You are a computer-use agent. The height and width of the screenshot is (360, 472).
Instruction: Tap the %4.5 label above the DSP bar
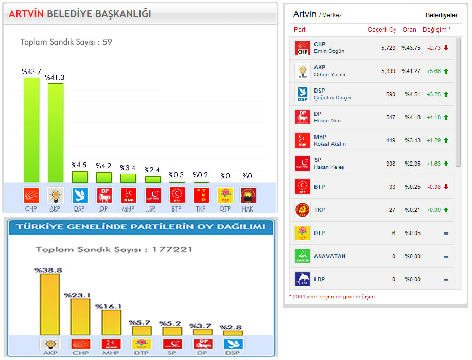79,165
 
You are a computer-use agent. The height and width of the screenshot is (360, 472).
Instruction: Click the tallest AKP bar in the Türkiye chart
49,304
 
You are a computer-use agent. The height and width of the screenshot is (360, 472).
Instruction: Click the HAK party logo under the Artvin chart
248,195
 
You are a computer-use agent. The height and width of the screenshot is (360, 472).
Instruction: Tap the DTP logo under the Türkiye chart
141,344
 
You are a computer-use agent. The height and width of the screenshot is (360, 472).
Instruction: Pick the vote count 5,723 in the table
388,48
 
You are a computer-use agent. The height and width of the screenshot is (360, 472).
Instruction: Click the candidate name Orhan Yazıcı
329,75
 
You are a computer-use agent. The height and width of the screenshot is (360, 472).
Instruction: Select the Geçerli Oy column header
382,30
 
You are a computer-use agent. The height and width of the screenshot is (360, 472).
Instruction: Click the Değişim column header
436,30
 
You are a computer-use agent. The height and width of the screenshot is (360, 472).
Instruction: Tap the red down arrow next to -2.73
446,48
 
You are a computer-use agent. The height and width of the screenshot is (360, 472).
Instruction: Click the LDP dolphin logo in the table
302,279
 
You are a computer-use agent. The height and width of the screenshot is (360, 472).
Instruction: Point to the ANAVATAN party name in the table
329,256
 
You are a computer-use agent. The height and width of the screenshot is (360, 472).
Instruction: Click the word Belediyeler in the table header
442,15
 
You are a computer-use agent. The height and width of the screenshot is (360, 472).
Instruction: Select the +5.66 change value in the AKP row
434,71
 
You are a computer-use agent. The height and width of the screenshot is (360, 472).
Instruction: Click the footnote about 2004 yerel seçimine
331,297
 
